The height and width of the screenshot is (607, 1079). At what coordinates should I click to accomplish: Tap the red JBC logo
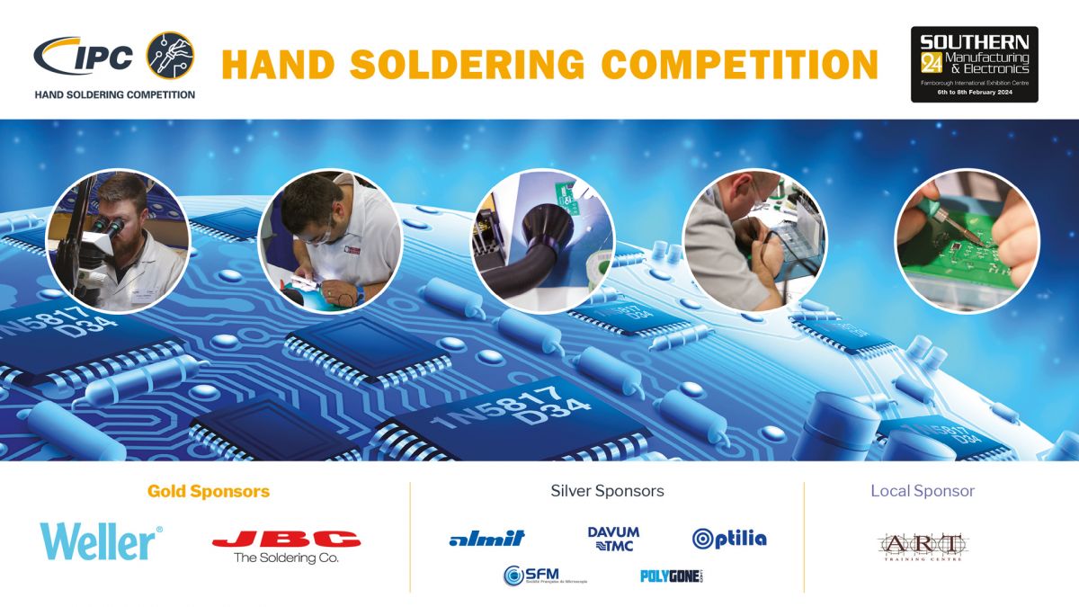(x=286, y=540)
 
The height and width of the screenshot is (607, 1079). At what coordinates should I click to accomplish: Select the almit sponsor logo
(x=486, y=539)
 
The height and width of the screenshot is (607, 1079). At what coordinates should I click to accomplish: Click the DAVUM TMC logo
(x=613, y=539)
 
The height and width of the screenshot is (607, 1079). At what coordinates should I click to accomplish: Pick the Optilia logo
(x=729, y=539)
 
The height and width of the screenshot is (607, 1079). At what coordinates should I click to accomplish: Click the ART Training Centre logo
(x=922, y=546)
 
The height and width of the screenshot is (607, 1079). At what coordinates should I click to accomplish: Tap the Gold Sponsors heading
(x=209, y=492)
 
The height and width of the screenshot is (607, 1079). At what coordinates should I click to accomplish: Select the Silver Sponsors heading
(x=607, y=491)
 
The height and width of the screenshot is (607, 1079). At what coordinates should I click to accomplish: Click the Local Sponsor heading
(x=922, y=491)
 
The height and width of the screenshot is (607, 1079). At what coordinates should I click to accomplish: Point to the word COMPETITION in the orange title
(x=739, y=65)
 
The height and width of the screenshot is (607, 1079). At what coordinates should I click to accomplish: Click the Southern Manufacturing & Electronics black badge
(x=974, y=64)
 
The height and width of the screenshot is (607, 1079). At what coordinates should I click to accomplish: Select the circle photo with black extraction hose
(x=543, y=240)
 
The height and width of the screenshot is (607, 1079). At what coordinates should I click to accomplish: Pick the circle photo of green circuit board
(x=967, y=240)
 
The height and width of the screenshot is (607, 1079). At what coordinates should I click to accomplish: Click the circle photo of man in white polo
(x=329, y=240)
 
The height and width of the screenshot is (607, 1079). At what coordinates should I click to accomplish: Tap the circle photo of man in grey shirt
(x=754, y=240)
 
